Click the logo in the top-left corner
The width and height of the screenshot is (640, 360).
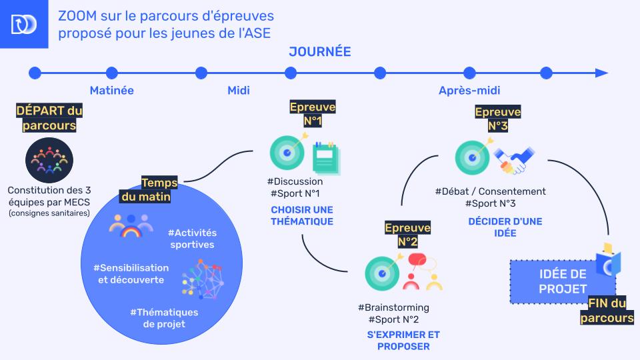click(24, 24)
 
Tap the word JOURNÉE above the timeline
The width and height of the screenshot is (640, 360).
click(319, 52)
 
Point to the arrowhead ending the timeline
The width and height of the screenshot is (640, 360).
click(601, 73)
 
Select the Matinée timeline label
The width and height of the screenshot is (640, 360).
click(111, 91)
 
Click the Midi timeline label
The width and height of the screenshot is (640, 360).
click(238, 91)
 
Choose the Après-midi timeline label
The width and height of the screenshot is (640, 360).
click(469, 91)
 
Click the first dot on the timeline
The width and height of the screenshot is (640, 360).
click(35, 73)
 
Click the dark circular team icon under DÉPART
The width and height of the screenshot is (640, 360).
click(49, 160)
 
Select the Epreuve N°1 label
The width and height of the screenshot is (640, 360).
click(313, 114)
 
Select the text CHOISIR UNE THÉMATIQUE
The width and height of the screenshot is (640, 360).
click(302, 215)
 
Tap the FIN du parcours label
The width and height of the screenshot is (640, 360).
click(606, 311)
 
